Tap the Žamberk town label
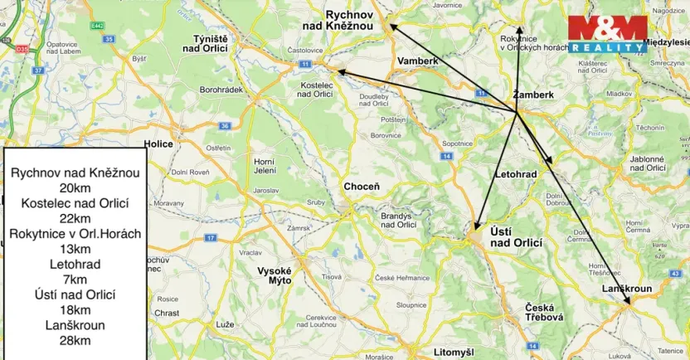coord(533,95)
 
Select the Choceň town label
coord(362,187)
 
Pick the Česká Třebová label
coord(544,312)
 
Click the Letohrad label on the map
coord(516,175)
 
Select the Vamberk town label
coord(417,61)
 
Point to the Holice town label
coord(158,144)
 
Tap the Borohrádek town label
coord(221,89)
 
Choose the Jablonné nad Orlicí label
coord(647,163)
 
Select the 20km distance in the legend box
coord(75,188)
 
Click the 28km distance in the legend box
coord(75,340)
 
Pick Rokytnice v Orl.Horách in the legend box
coord(75,234)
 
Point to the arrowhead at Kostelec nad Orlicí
coord(337,72)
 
